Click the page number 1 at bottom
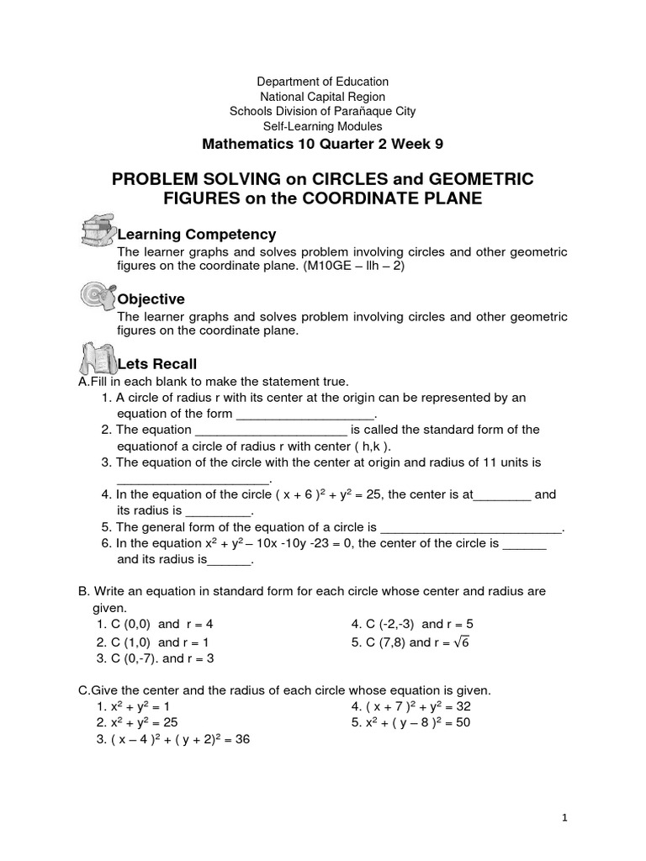[565, 817]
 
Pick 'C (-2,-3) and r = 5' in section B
[412, 625]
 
